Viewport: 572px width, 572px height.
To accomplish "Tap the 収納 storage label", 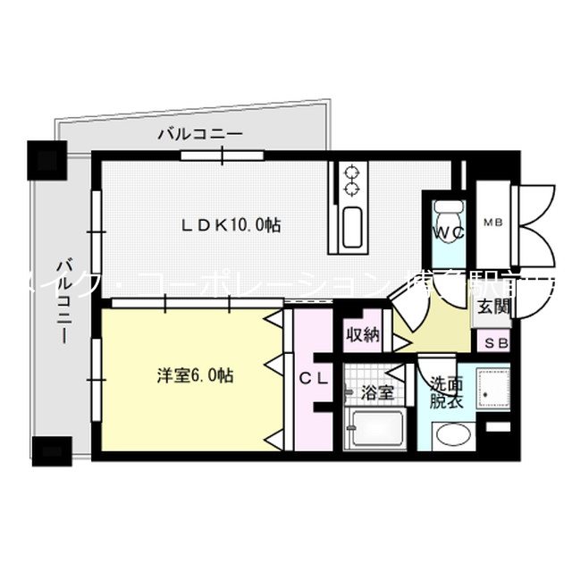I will (x=363, y=336).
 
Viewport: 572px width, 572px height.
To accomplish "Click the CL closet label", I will (x=312, y=378).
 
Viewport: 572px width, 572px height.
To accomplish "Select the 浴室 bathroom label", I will (x=375, y=392).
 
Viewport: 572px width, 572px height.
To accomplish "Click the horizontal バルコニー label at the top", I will (x=200, y=135).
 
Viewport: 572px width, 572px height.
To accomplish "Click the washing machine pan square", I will (x=492, y=390).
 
